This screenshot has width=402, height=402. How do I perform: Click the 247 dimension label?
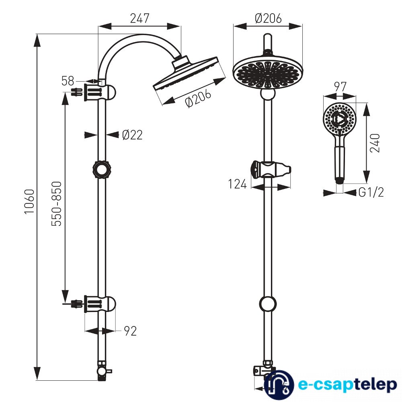(139, 18)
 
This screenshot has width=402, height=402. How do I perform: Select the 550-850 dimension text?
(57, 204)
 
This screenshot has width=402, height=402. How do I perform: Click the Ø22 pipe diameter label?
(132, 135)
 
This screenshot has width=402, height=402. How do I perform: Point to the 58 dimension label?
(68, 81)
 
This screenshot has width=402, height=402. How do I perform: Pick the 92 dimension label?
(130, 331)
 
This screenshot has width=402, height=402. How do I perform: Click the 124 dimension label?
(237, 185)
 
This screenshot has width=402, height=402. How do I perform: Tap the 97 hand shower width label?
(340, 87)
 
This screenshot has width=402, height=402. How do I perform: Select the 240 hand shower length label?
(375, 143)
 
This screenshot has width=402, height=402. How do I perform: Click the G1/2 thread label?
(371, 193)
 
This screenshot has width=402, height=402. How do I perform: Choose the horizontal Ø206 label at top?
(268, 18)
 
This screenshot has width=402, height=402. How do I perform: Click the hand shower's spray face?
(340, 118)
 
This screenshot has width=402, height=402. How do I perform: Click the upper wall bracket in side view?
(100, 92)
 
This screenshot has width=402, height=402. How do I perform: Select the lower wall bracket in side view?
(100, 304)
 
